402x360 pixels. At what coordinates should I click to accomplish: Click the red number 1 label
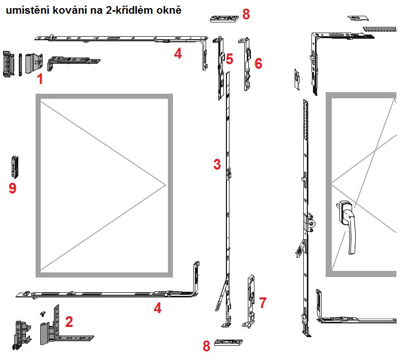click(40, 79)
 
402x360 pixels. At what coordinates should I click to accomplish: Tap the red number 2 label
click(69, 322)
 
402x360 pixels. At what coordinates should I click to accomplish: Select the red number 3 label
click(217, 164)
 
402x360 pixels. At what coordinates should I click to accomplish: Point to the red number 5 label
click(229, 59)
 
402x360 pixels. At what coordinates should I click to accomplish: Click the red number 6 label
click(259, 63)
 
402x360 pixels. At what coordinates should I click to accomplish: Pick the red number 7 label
click(263, 302)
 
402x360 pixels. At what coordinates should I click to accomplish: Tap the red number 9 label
click(13, 188)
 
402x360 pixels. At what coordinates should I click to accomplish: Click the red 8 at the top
click(246, 14)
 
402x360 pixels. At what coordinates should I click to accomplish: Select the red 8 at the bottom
click(207, 346)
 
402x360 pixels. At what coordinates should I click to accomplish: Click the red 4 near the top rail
click(178, 53)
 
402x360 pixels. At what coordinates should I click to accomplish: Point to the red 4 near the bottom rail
click(158, 308)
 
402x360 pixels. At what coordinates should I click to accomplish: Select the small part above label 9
click(15, 167)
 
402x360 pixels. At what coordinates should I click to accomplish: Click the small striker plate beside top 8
click(224, 19)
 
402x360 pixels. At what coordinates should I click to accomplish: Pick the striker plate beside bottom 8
click(228, 342)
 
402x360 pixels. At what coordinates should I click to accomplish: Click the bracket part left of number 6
click(245, 64)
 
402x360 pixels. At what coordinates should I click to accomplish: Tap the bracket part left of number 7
click(249, 301)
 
